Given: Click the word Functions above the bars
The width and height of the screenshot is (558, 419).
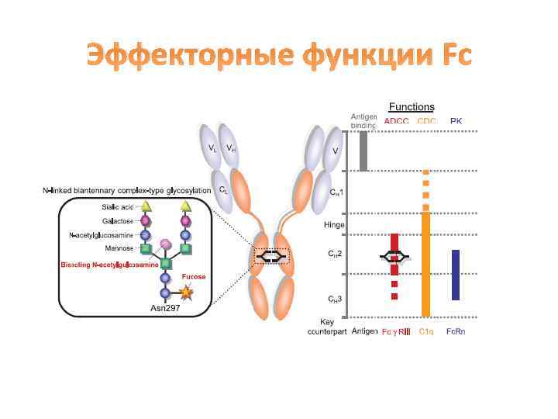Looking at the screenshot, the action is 411,107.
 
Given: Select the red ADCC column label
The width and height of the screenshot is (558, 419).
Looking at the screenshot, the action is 396,120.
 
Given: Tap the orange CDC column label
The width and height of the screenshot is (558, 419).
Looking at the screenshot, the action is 426,120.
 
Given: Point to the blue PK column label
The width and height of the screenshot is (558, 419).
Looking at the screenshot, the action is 456,120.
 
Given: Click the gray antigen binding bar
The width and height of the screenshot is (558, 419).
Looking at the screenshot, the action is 363,151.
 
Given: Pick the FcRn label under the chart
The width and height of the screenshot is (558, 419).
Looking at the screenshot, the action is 456,331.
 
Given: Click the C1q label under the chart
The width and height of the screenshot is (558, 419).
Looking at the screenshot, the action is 426,331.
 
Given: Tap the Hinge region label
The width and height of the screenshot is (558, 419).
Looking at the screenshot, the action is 335,225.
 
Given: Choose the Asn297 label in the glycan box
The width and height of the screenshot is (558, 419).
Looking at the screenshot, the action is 165,308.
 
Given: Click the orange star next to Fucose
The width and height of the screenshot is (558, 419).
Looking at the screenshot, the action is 186,293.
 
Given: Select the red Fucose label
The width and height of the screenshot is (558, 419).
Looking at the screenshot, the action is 194,276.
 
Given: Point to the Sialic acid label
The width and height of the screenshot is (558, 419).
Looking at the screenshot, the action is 118,207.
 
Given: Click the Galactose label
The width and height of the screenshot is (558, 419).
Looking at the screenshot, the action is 119,221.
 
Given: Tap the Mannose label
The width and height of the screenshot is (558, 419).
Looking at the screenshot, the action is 120,248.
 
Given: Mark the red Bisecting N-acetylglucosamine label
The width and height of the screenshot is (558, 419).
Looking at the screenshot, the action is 110,265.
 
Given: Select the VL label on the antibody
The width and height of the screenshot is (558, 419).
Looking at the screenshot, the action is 212,147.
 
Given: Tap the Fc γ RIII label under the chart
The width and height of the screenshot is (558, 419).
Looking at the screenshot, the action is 395,331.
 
